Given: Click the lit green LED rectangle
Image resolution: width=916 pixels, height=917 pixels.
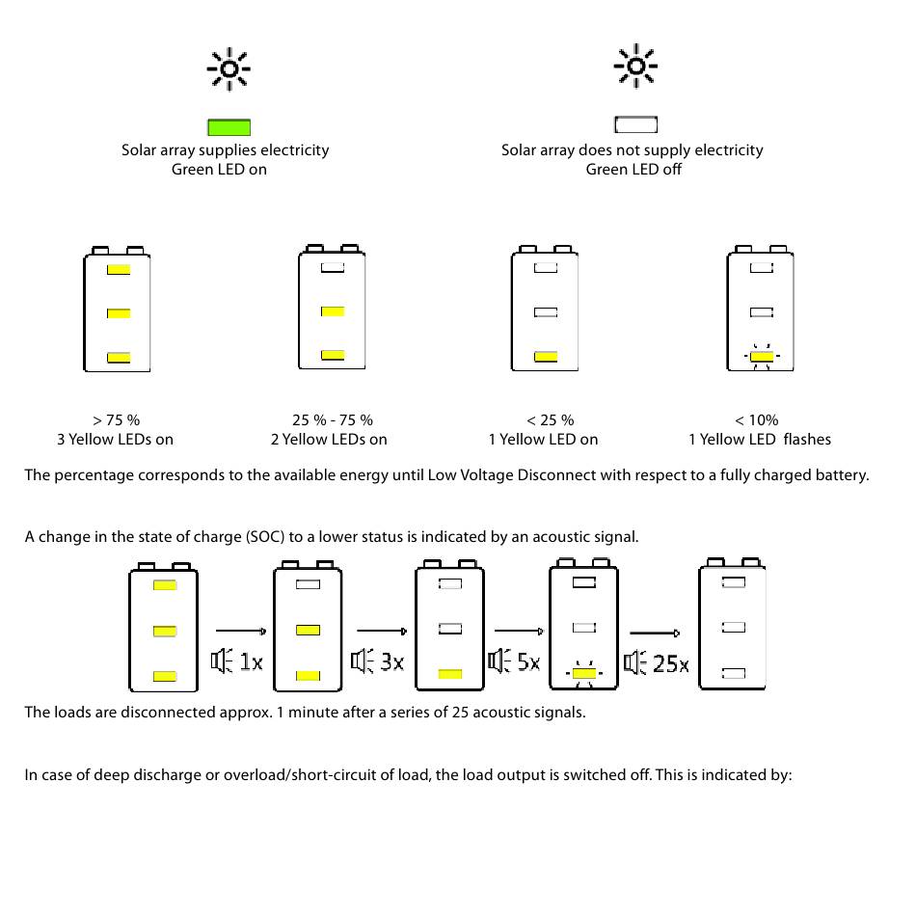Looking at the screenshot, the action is click(x=229, y=126).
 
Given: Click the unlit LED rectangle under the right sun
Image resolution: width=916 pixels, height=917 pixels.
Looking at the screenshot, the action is click(x=635, y=124).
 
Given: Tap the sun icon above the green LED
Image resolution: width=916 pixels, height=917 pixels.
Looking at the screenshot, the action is click(x=229, y=68).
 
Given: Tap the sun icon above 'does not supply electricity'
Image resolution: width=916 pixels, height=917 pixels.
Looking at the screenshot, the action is click(x=635, y=67).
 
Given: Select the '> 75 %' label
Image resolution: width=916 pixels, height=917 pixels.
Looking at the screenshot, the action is click(x=117, y=420).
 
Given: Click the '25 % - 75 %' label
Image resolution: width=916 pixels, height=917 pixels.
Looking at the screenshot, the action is click(x=333, y=420).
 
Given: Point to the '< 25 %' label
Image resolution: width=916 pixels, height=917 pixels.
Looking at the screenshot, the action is click(x=550, y=420).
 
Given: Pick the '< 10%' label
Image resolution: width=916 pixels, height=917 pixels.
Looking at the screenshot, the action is click(x=757, y=420).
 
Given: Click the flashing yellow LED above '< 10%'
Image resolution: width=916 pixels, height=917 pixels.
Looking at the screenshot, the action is click(x=762, y=357).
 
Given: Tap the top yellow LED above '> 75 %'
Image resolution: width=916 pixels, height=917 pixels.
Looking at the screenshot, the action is click(x=118, y=269).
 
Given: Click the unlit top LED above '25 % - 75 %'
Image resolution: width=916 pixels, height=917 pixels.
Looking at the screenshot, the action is click(x=333, y=267).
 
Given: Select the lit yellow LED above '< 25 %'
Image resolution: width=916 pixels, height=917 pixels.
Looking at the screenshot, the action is click(x=546, y=357).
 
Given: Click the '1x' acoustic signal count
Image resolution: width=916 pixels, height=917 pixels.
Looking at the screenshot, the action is click(x=251, y=662).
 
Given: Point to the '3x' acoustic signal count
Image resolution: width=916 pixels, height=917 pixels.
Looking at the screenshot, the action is click(x=391, y=662).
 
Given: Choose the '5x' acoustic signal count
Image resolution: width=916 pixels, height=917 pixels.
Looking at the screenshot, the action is click(x=527, y=662).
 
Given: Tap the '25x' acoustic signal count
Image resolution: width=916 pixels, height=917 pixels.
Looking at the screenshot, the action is click(x=670, y=663).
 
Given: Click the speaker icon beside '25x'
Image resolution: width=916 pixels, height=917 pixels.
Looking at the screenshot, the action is click(x=634, y=662).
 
